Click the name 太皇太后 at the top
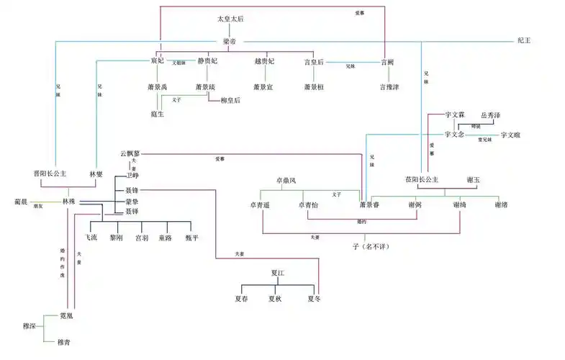(230, 19)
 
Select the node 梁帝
(230, 42)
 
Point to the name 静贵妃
(208, 62)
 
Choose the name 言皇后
(315, 62)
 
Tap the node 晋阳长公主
(50, 173)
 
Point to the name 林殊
(70, 201)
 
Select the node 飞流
(91, 238)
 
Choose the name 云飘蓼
(130, 154)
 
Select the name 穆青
(64, 341)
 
